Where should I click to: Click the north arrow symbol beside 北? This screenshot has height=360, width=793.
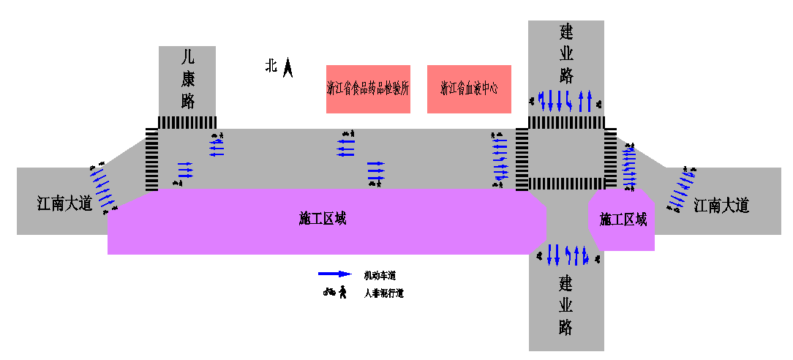[x=289, y=68]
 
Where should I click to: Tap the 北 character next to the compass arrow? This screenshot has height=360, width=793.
[x=271, y=66]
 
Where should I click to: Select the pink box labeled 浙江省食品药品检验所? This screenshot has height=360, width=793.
[x=368, y=89]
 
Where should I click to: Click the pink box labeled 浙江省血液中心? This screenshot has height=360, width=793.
[x=469, y=89]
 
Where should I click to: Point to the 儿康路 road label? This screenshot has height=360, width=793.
[x=188, y=78]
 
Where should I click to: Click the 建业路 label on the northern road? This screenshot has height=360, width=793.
[x=566, y=53]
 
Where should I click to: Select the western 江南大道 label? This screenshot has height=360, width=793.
[x=65, y=203]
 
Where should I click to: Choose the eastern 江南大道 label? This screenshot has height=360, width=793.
[x=722, y=206]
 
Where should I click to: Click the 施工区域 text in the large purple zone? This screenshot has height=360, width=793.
[x=323, y=218]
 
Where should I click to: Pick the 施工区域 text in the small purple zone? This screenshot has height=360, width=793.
[x=623, y=220]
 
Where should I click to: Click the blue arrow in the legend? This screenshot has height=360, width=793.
[x=335, y=274]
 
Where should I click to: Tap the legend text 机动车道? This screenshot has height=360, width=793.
[x=380, y=275]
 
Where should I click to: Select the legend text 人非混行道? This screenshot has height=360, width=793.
[x=384, y=293]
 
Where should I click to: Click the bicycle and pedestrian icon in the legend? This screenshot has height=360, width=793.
[x=335, y=293]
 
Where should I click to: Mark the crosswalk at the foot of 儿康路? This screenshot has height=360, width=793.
[x=187, y=122]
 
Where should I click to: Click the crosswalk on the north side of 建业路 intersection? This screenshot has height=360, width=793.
[x=566, y=122]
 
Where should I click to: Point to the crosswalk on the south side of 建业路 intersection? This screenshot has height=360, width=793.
[x=565, y=183]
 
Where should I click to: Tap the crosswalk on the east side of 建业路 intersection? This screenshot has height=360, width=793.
[x=610, y=158]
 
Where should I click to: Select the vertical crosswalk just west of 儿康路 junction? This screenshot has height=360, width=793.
[x=151, y=159]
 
